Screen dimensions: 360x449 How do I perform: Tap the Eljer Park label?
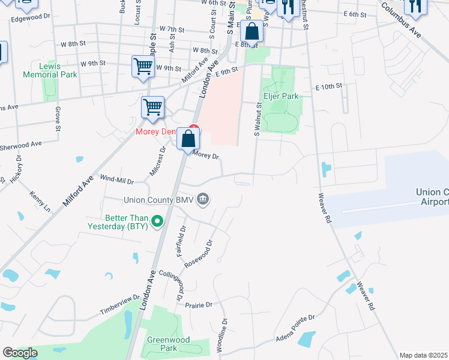click(x=280, y=96)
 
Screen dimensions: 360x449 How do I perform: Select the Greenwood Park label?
click(x=168, y=344)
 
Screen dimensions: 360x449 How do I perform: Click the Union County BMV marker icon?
click(x=203, y=199)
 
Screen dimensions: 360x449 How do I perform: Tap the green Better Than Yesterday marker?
click(x=157, y=222)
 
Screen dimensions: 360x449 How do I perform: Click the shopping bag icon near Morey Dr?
click(x=188, y=139)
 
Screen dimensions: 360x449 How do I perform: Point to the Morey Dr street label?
click(x=206, y=155)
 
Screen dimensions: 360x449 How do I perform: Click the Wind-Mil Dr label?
click(x=116, y=179)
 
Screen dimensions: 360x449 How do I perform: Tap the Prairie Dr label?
click(x=199, y=305)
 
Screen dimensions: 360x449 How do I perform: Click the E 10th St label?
click(x=328, y=86)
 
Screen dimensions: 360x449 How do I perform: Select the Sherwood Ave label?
click(x=21, y=145)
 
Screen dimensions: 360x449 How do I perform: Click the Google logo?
click(x=20, y=353)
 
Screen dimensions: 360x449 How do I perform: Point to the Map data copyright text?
click(x=423, y=355)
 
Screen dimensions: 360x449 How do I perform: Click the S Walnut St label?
click(x=258, y=119)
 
